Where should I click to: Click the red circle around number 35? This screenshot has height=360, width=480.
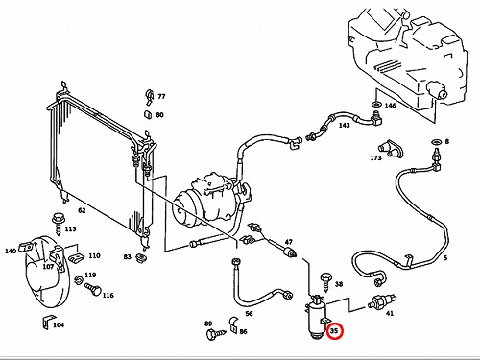point(334,324)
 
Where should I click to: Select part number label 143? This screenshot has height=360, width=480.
point(344,125)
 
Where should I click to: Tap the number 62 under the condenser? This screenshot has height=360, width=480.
point(82,210)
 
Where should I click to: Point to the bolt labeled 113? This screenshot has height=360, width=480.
point(58,223)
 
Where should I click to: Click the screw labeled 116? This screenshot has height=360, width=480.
point(93,289)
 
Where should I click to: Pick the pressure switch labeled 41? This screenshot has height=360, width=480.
point(382,301)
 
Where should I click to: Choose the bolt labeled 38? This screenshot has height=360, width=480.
point(326,282)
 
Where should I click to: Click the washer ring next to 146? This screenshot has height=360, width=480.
point(376,104)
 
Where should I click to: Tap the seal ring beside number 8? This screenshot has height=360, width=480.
point(436,141)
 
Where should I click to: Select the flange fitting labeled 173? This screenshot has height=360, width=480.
point(391,148)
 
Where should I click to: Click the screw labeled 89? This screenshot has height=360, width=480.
point(215,334)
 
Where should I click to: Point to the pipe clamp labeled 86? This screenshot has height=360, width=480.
point(233,325)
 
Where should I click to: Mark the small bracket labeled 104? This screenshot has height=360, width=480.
point(47,322)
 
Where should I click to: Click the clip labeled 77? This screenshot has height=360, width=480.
point(150,96)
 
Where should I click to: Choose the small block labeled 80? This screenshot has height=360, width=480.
point(148,114)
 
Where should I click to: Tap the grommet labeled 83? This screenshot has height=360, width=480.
point(140,257)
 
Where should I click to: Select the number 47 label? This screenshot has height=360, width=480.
point(289,242)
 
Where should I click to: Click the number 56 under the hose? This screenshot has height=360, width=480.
point(249,313)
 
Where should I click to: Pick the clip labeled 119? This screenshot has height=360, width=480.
point(79,280)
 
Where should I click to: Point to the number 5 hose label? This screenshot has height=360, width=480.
point(445,257)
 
